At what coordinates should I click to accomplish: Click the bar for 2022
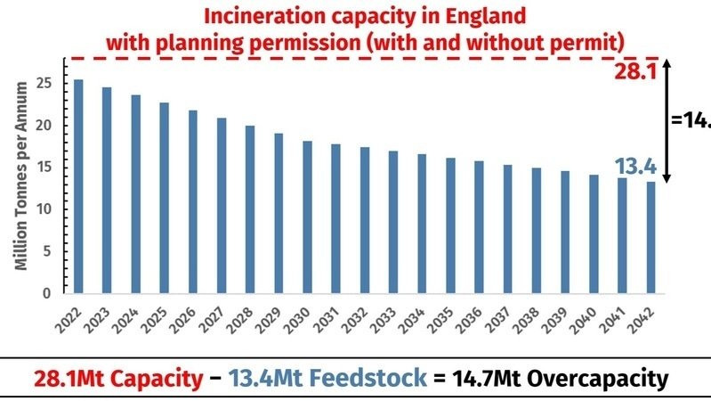(79, 186)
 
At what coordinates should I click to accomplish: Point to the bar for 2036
(479, 226)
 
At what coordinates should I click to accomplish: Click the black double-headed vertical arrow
(666, 121)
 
